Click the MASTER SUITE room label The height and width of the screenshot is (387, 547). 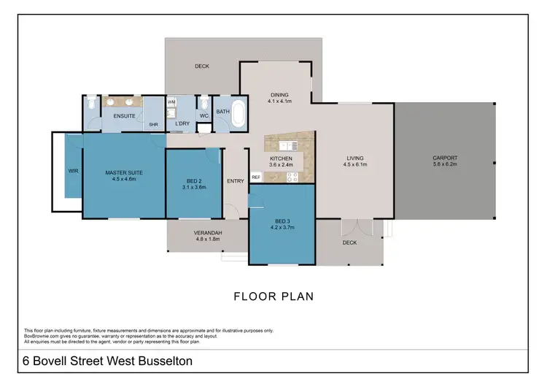click(x=123, y=172)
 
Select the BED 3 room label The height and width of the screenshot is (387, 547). click(x=283, y=221)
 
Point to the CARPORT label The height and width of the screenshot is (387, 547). click(x=444, y=158)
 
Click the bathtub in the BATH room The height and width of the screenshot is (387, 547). click(x=238, y=118)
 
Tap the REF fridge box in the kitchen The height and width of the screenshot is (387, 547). click(x=256, y=177)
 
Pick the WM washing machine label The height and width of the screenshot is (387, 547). click(x=172, y=102)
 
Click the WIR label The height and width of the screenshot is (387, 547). click(x=73, y=171)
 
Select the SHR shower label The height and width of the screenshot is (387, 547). click(x=154, y=125)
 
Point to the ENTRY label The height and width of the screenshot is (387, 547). click(x=236, y=181)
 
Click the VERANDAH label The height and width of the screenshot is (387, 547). click(x=208, y=232)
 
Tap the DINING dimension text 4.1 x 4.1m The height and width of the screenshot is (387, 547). click(x=279, y=101)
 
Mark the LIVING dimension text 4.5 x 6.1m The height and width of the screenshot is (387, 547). click(x=355, y=165)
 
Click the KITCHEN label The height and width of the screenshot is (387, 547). click(x=281, y=158)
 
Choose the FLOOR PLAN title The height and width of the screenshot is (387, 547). click(x=273, y=296)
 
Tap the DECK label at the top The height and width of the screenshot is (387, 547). click(x=202, y=66)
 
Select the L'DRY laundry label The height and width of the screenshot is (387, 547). click(x=182, y=123)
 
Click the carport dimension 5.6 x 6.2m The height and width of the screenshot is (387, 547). click(x=444, y=165)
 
